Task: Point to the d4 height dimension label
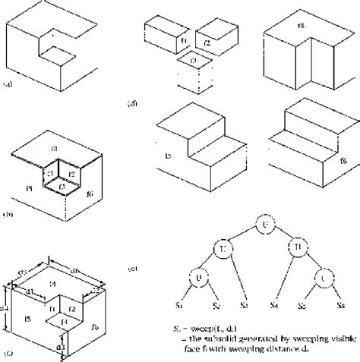[5, 307]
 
